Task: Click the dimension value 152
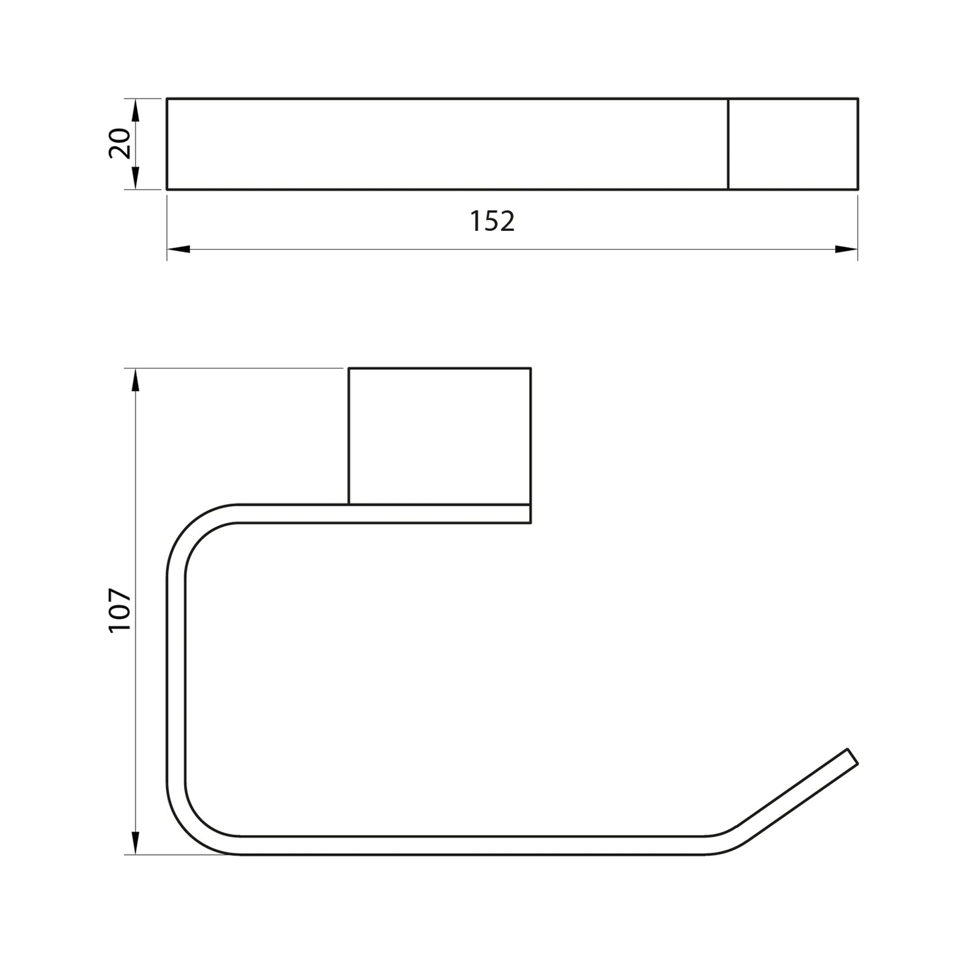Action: coord(492,222)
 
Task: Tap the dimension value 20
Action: coord(119,144)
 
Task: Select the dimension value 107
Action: coord(119,610)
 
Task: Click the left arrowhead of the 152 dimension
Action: coord(177,249)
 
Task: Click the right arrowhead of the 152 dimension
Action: coord(847,249)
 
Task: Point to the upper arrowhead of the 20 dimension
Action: coord(135,109)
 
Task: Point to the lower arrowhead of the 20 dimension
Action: coord(135,179)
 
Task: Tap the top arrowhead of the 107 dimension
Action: coord(135,381)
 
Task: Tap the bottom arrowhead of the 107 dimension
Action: coord(135,842)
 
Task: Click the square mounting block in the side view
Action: coord(440,435)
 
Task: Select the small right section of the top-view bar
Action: coord(793,144)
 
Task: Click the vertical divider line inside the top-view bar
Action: coord(728,144)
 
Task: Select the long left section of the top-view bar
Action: coord(446,144)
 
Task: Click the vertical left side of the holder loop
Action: coord(175,678)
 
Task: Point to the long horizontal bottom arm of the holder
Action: coord(470,846)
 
